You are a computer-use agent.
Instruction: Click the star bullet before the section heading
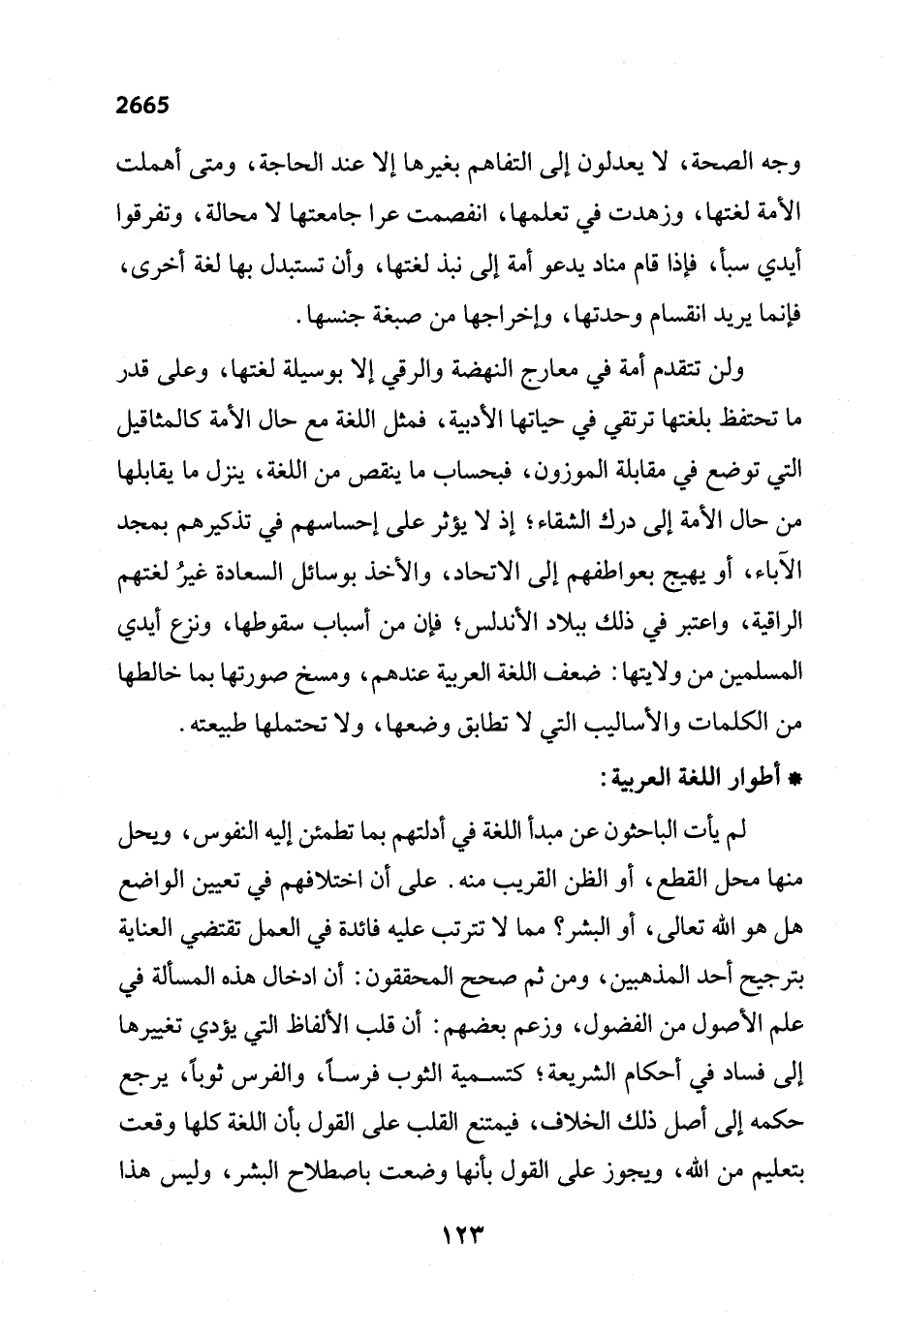[x=784, y=782]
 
